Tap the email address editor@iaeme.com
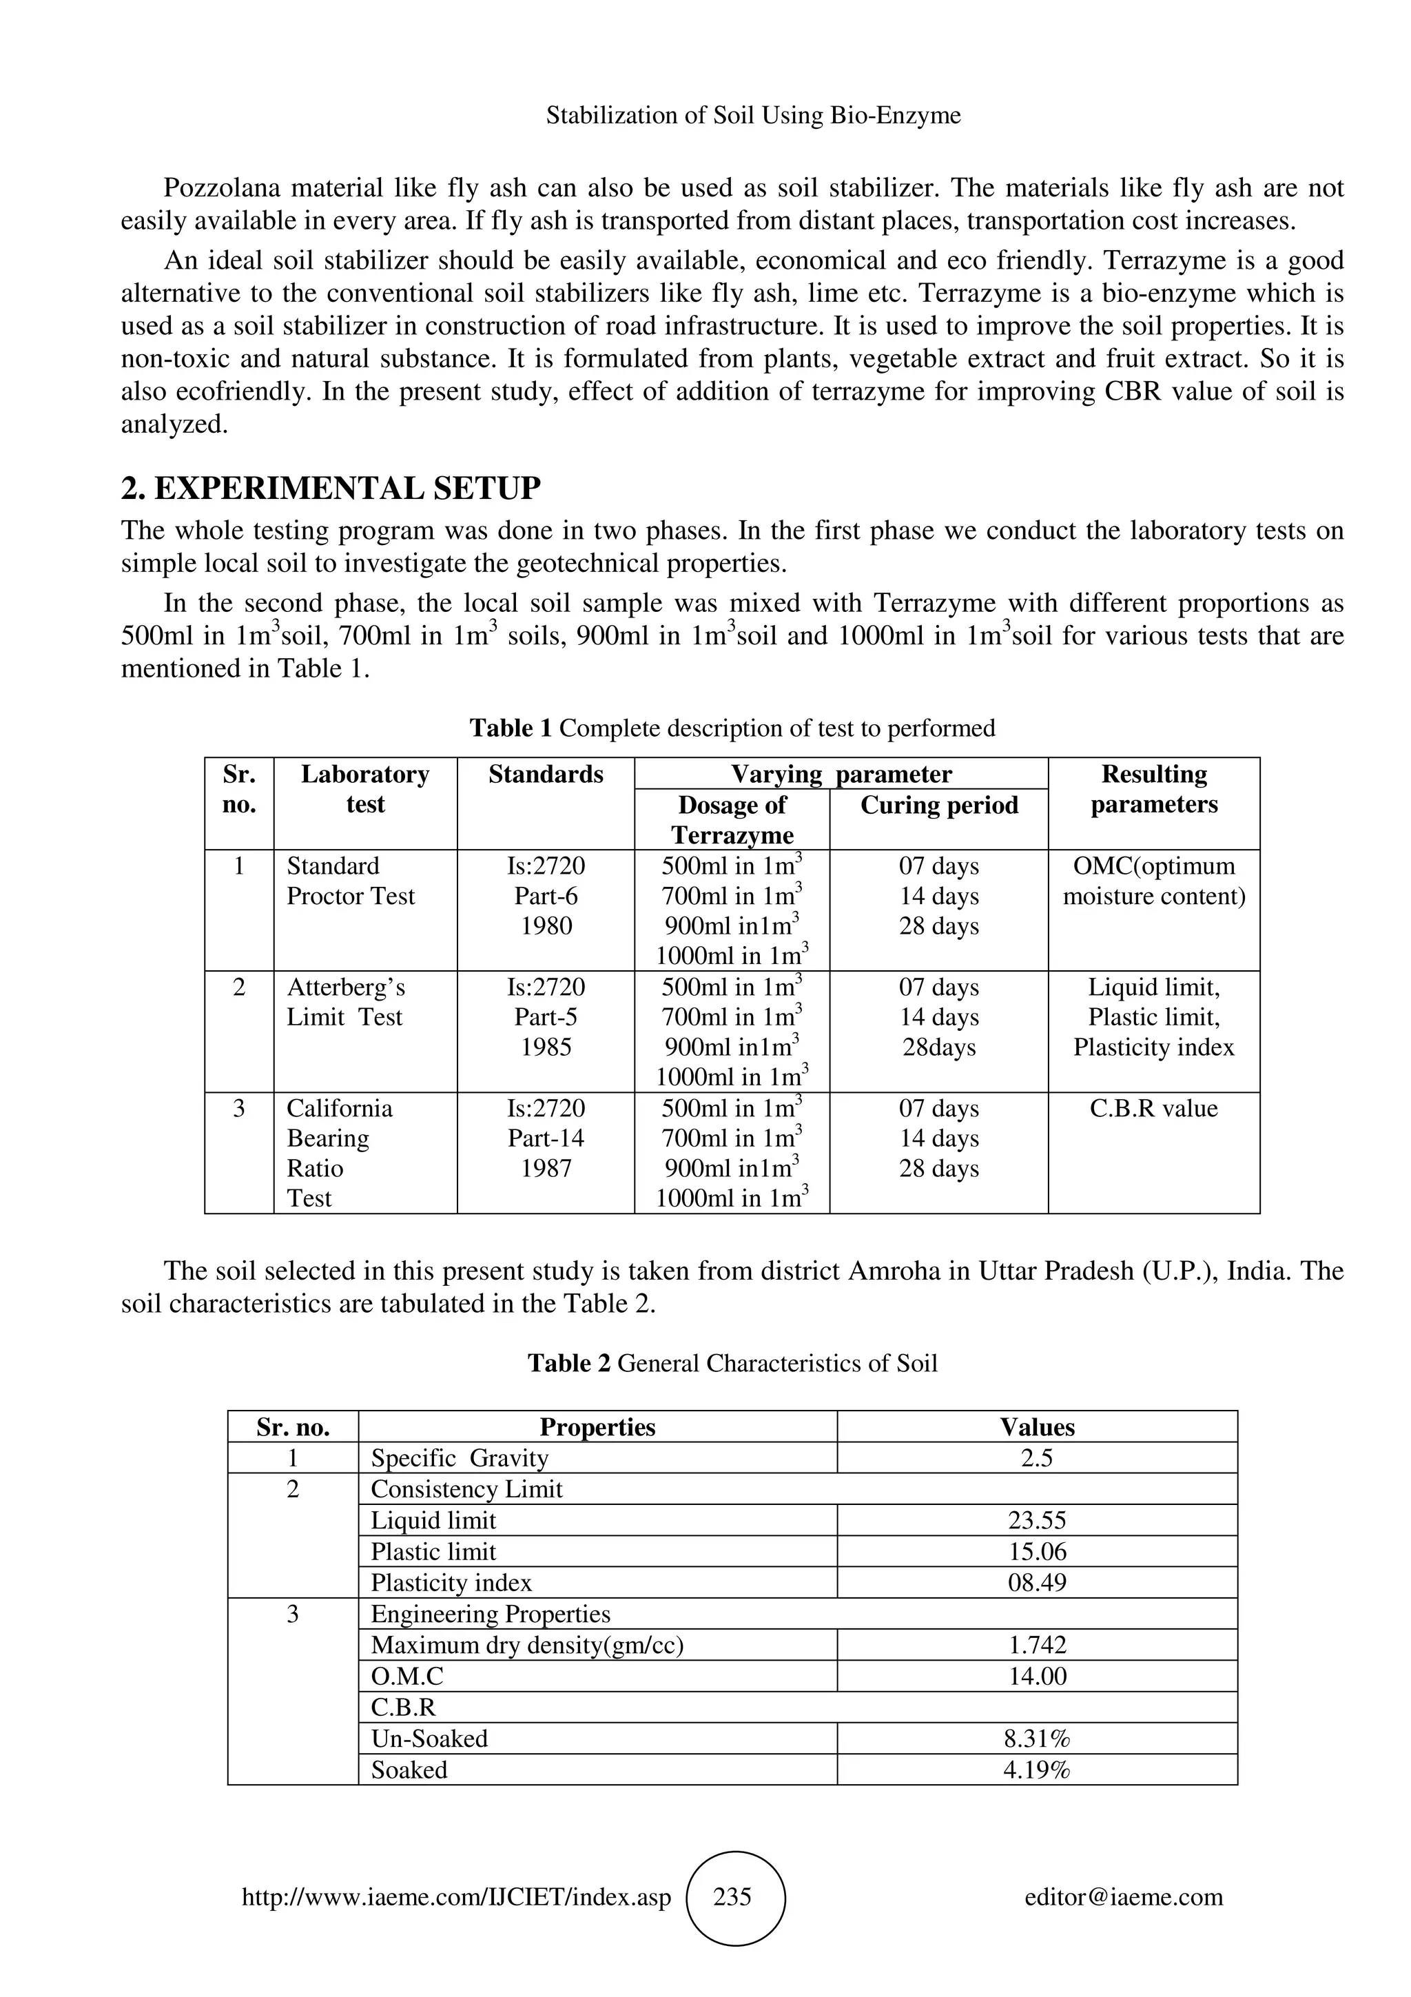[x=1123, y=1897]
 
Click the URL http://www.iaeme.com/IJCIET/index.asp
[x=456, y=1897]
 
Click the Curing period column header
[x=939, y=806]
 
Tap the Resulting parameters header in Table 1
[x=1153, y=789]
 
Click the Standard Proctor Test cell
[x=351, y=881]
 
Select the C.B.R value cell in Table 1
[x=1153, y=1108]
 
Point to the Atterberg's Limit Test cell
[x=346, y=1002]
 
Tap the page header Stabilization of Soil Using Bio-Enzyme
[x=753, y=115]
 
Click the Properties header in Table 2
[x=597, y=1427]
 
